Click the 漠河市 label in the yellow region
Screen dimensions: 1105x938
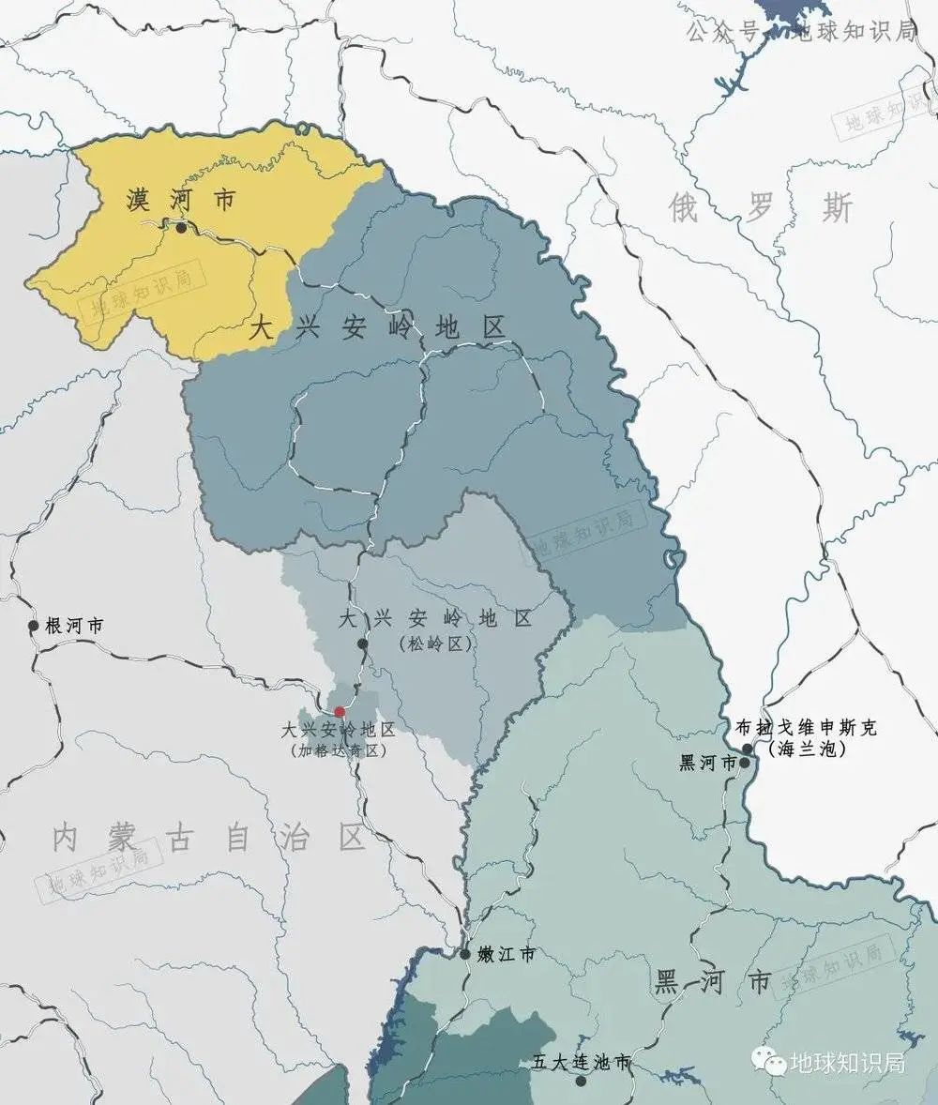coord(182,200)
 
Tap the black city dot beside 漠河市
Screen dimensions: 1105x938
coord(181,226)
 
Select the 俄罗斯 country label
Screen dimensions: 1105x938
coord(761,208)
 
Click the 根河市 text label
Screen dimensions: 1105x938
coord(74,626)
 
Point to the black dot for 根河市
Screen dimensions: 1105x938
coord(34,626)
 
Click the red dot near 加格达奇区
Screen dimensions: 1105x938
coord(340,712)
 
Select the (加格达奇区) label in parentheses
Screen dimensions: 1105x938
coord(339,750)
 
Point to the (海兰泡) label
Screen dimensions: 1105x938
coord(807,749)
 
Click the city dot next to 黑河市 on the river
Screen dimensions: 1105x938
coord(744,763)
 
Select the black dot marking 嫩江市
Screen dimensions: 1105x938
coord(465,954)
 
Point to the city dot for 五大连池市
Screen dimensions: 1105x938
coord(581,1081)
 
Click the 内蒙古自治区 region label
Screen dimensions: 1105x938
coord(208,837)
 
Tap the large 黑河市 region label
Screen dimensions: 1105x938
coord(713,982)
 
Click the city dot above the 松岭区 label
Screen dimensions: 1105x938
coord(363,643)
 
